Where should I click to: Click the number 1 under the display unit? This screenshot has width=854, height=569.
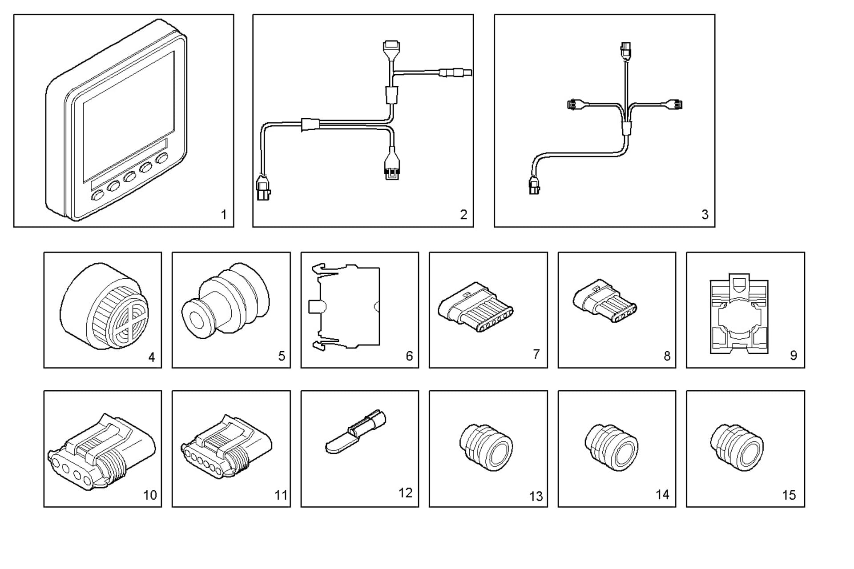[x=224, y=215]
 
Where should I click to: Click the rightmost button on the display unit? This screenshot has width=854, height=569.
[x=162, y=158]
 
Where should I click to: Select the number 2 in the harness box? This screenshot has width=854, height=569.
[x=463, y=215]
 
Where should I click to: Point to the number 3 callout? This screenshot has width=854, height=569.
[x=705, y=215]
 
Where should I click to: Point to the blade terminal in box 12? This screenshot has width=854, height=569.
[x=356, y=431]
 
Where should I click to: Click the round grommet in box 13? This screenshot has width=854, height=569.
[x=486, y=447]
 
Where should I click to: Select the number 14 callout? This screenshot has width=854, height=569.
[x=662, y=494]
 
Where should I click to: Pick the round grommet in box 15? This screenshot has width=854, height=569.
[x=737, y=447]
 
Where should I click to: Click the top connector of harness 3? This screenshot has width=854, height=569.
[x=626, y=50]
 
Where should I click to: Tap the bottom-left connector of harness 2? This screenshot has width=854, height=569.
[x=263, y=188]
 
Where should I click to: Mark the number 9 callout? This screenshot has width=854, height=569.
[x=794, y=355]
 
